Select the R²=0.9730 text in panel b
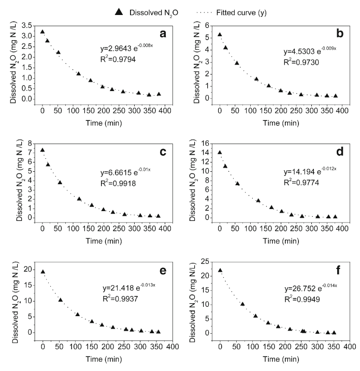(x=301, y=62)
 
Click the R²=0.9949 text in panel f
(x=304, y=299)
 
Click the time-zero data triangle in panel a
(x=42, y=32)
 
